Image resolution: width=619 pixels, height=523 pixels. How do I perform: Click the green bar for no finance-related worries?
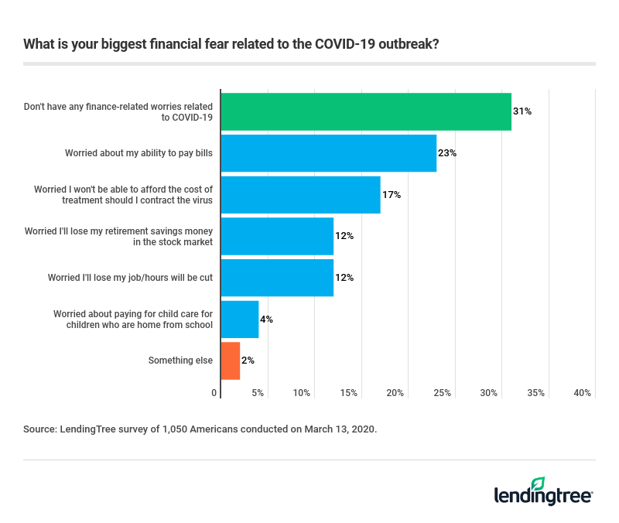366,111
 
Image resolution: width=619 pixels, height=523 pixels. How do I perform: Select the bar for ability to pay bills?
329,153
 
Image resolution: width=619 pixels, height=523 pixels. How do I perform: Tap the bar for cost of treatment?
300,195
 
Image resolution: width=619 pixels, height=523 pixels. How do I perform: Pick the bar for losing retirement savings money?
277,236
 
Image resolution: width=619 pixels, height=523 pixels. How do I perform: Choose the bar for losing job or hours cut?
277,278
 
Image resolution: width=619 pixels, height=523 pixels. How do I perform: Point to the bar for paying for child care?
240,319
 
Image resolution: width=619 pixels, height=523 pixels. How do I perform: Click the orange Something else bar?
231,361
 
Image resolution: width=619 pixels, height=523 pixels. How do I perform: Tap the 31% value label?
522,111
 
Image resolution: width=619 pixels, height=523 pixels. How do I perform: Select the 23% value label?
447,153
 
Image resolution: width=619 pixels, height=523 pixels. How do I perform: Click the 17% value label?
392,195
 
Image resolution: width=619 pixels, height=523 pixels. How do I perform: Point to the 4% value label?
267,319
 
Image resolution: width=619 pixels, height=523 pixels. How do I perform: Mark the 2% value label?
248,361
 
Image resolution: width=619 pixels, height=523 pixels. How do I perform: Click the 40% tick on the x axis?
583,393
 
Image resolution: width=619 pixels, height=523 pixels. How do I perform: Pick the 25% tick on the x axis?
443,393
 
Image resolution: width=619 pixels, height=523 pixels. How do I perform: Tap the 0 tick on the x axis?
214,393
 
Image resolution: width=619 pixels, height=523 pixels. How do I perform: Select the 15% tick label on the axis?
349,393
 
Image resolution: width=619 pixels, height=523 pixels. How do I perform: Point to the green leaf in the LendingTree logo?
539,484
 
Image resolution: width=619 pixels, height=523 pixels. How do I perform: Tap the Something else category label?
180,361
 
